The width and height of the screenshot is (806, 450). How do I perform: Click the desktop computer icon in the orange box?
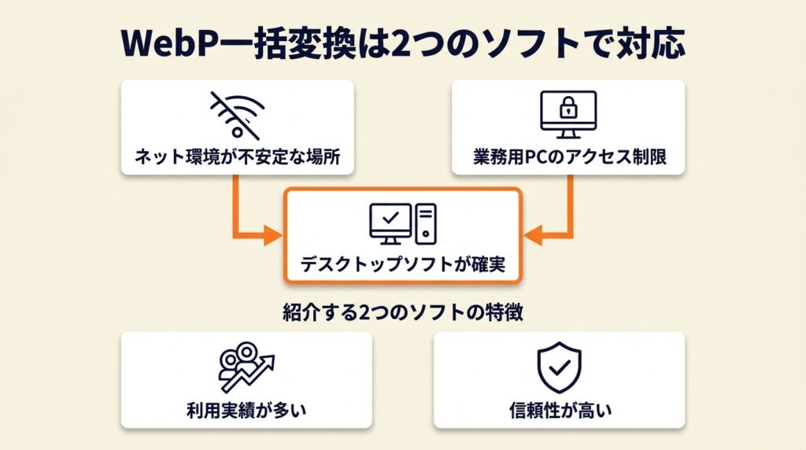tap(402, 223)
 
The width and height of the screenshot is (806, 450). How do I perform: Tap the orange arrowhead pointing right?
tap(272, 234)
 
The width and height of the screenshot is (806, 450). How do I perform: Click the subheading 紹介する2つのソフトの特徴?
tap(402, 312)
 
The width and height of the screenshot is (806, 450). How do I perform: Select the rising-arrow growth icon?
tap(246, 364)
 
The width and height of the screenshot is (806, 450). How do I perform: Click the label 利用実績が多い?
tap(246, 410)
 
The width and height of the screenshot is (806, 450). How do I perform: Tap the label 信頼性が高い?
tap(559, 410)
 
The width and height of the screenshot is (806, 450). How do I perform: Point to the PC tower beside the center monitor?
tap(426, 223)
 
